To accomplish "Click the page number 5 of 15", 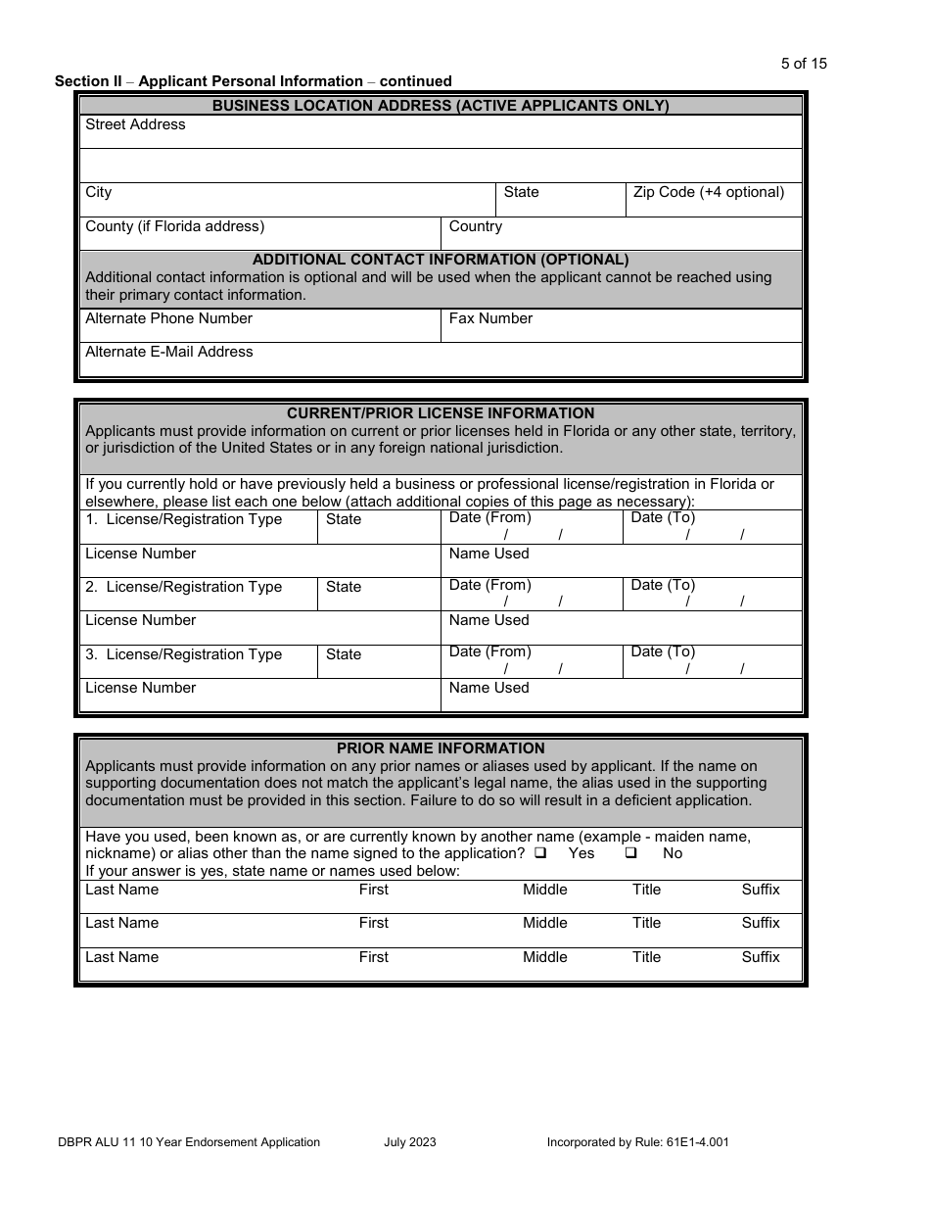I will pyautogui.click(x=803, y=64).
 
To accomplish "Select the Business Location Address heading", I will pyautogui.click(x=441, y=106).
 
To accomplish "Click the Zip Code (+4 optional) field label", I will pyautogui.click(x=708, y=192).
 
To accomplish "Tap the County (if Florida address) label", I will pyautogui.click(x=174, y=226).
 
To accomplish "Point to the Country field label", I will pyautogui.click(x=475, y=226).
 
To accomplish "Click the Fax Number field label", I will pyautogui.click(x=490, y=318).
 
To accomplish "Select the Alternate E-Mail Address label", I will pyautogui.click(x=168, y=352).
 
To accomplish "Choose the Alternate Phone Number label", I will pyautogui.click(x=168, y=318).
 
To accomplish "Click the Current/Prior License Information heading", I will pyautogui.click(x=441, y=413).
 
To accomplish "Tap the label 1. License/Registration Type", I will pyautogui.click(x=183, y=519).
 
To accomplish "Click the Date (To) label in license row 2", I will pyautogui.click(x=663, y=585).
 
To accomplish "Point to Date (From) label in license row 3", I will pyautogui.click(x=489, y=651).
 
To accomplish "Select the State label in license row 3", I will pyautogui.click(x=343, y=654).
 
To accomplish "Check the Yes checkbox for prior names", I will pyautogui.click(x=540, y=853).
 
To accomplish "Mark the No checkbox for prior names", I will pyautogui.click(x=631, y=853).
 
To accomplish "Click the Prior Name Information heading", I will pyautogui.click(x=441, y=748).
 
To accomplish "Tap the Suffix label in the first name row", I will pyautogui.click(x=760, y=890).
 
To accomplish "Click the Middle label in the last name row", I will pyautogui.click(x=544, y=957).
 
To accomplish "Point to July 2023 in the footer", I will pyautogui.click(x=410, y=1141).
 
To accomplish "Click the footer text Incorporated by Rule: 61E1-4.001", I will pyautogui.click(x=637, y=1141).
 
